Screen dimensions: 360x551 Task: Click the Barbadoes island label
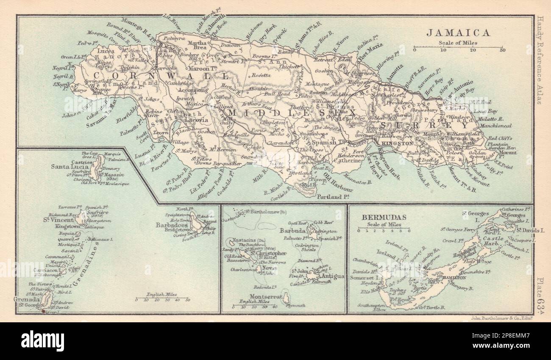coord(172,225)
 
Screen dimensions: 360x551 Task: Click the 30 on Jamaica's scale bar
coord(502,50)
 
